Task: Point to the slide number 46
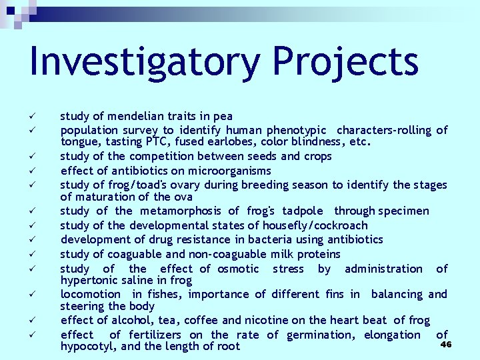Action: (447, 344)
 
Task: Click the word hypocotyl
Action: (85, 347)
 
